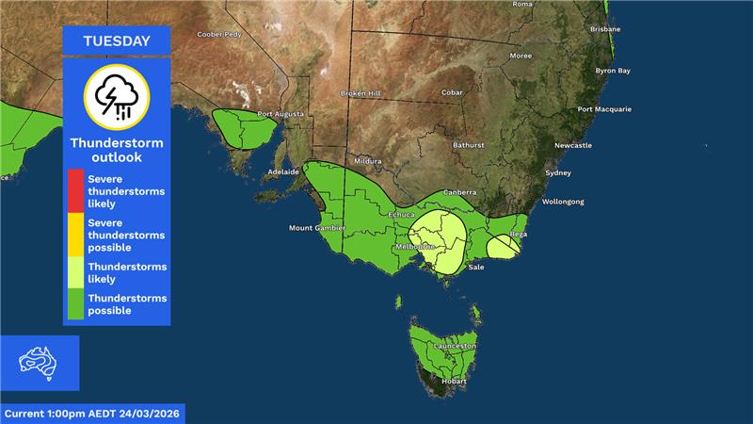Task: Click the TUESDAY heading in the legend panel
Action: tap(116, 41)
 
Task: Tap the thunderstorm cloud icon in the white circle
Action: tap(116, 97)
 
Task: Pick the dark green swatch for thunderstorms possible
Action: tap(75, 304)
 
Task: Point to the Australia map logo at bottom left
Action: tap(40, 363)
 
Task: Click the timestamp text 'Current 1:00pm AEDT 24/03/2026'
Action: tap(92, 414)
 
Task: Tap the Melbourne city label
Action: tap(415, 247)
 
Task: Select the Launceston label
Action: tap(455, 347)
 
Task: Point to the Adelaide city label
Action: tap(283, 172)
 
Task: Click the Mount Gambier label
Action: tap(312, 228)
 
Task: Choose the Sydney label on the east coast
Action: tap(558, 173)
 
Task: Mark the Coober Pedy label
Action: tap(219, 35)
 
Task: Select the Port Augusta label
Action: tap(280, 114)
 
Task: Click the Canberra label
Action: tap(459, 192)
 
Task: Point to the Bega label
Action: tap(518, 233)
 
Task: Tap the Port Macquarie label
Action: tap(603, 109)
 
